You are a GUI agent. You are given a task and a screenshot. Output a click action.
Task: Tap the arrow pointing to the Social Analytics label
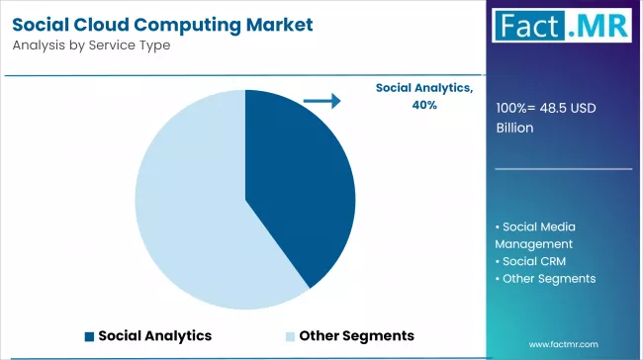pos(321,100)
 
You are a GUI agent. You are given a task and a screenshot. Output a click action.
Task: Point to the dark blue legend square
pos(90,335)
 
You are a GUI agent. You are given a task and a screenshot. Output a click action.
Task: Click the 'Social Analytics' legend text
pos(154,335)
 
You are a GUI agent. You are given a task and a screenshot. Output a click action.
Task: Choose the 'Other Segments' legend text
pos(356,335)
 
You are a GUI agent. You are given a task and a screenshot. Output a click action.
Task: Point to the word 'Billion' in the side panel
pos(515,128)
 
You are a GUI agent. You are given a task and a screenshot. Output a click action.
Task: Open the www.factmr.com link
pos(563,344)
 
